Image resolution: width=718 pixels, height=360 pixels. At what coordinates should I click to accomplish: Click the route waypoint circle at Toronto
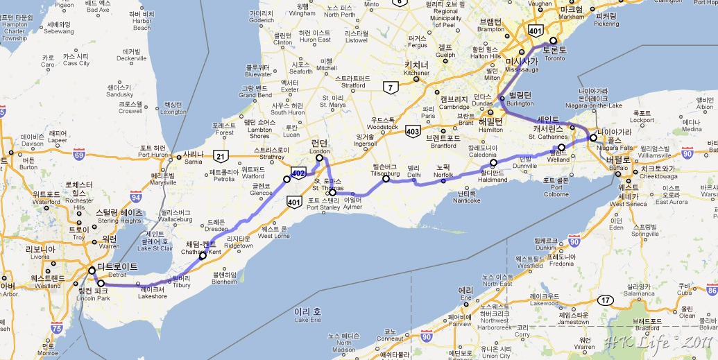(553, 40)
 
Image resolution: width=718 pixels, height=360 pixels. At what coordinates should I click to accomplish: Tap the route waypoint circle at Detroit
(92, 269)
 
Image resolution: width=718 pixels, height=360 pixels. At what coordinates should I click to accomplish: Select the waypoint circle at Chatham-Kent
(203, 256)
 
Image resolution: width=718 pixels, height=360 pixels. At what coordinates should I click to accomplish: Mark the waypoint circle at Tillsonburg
(386, 178)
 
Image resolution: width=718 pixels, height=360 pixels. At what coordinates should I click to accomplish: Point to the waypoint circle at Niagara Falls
(592, 137)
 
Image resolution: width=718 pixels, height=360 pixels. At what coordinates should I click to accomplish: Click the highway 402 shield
(298, 171)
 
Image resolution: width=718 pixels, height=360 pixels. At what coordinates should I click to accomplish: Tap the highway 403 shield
(412, 130)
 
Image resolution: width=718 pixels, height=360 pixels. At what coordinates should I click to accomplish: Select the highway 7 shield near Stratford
(391, 87)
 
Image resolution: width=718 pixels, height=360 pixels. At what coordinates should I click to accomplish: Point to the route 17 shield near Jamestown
(607, 300)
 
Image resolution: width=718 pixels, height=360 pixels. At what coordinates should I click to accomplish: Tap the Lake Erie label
(309, 314)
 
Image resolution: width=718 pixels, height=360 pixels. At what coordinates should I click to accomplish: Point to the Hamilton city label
(490, 121)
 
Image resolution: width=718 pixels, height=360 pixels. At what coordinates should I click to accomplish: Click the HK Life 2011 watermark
(656, 343)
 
